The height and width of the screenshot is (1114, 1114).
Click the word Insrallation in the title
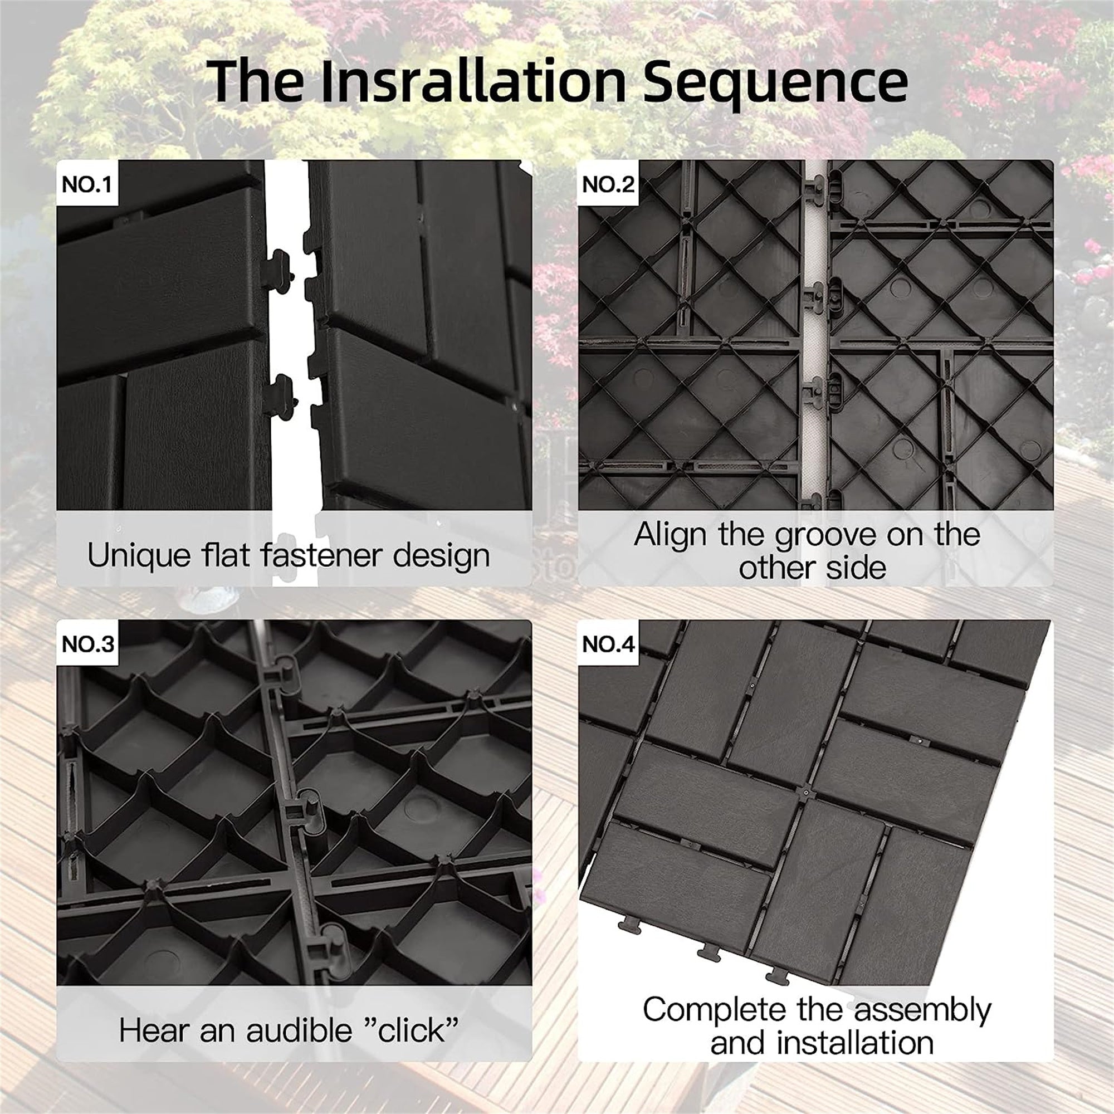point(473,81)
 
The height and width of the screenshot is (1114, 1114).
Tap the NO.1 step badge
point(86,184)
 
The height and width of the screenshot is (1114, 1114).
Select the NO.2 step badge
point(608,184)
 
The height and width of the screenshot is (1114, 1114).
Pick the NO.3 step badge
point(87,644)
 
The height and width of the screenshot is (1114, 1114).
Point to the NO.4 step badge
point(609,644)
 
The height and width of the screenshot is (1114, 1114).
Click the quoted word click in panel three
point(412,1030)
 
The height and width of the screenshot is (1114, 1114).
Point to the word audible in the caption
point(298,1030)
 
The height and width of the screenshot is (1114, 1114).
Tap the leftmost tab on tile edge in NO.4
point(630,925)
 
